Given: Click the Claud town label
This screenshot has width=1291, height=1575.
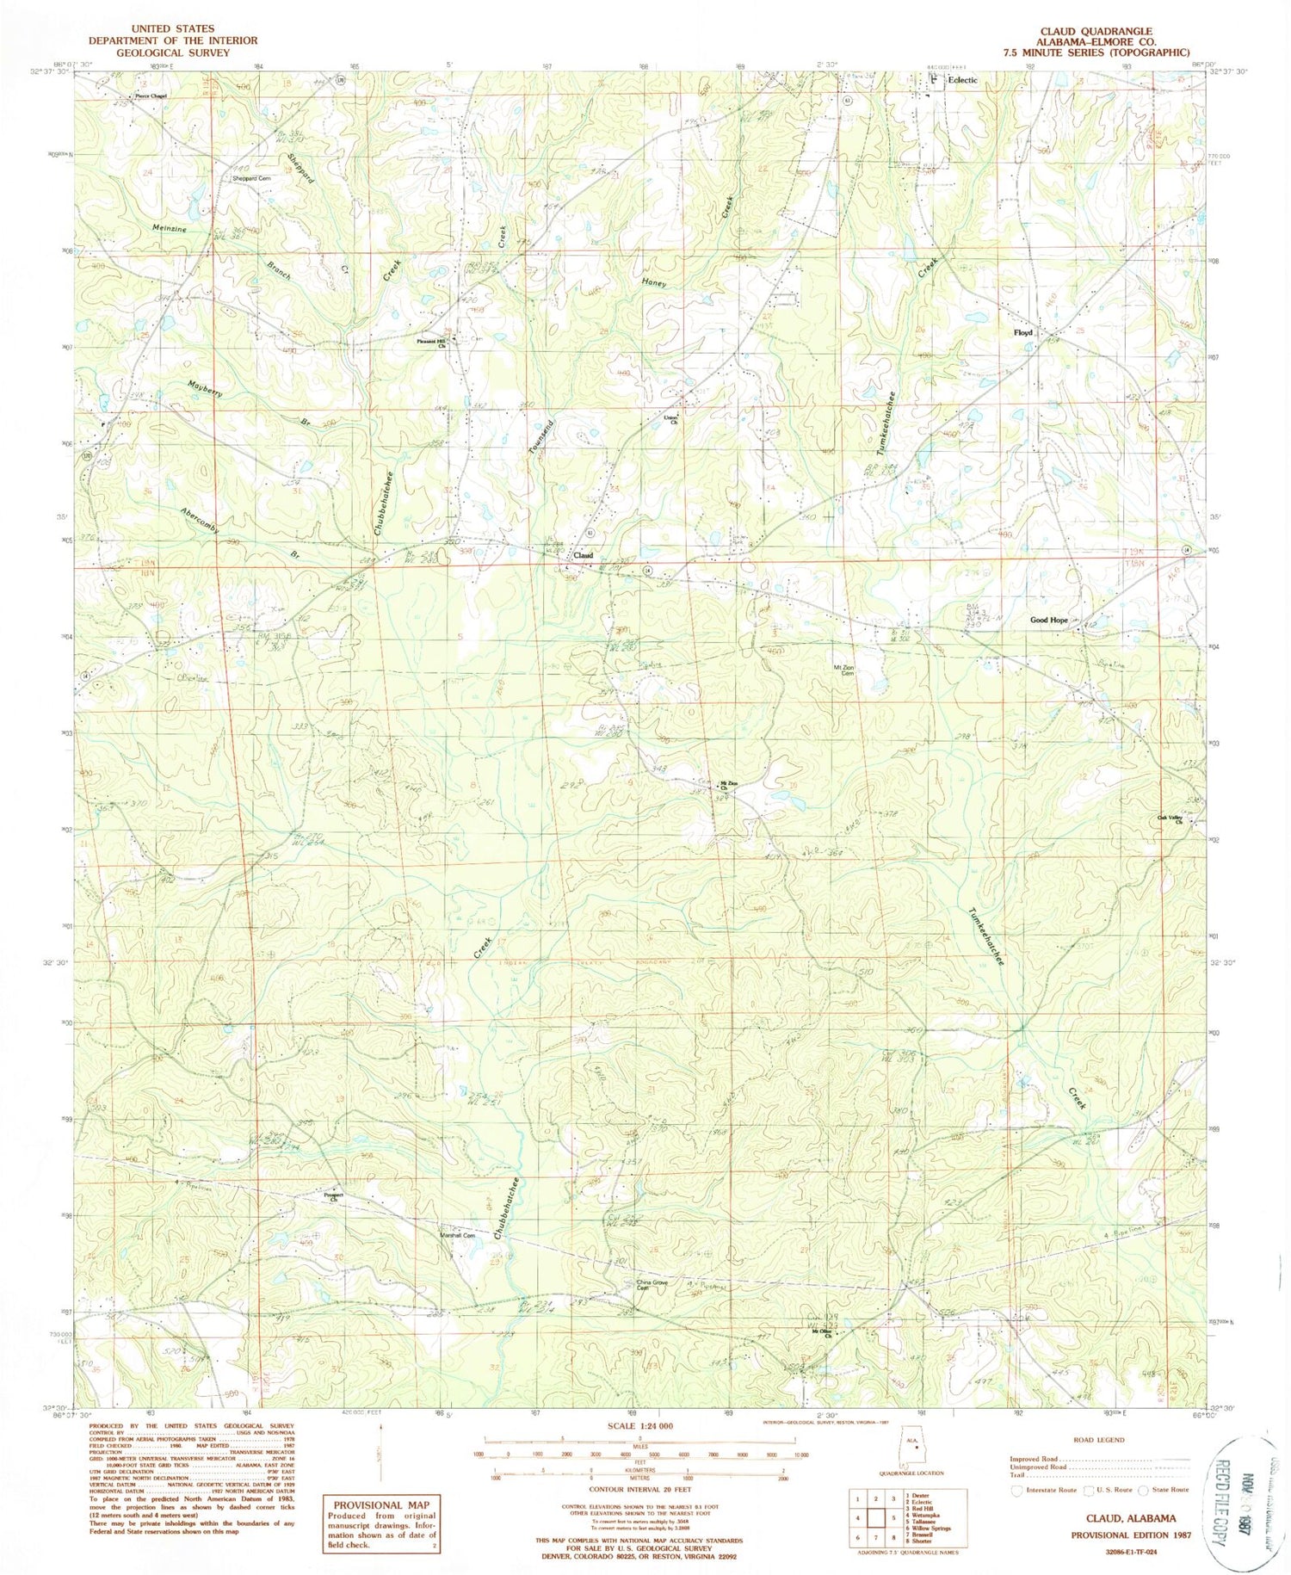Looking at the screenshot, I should pos(584,556).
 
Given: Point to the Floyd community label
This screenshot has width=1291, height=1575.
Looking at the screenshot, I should pos(1022,332).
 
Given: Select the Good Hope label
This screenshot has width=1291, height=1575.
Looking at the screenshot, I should pos(1048,620).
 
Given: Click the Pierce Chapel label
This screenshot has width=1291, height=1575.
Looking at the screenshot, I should pos(148,96).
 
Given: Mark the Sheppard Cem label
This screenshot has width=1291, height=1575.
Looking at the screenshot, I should pos(251,178).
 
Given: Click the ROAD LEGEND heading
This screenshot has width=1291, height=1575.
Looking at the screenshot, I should pos(1099,1439).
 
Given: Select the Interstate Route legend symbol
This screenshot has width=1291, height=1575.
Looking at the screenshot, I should pos(1018,1489).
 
